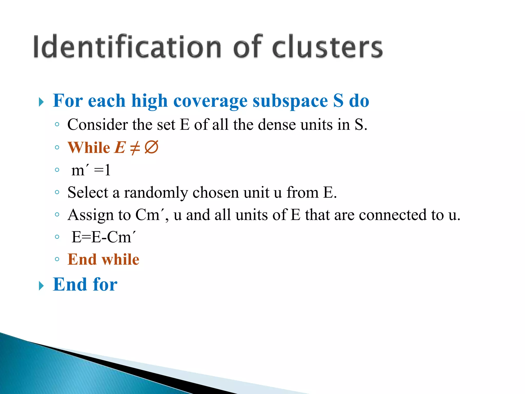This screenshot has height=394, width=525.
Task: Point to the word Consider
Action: coord(97,125)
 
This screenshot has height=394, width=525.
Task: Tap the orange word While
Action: coord(89,148)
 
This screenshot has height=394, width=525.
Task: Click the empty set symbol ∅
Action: coord(151,147)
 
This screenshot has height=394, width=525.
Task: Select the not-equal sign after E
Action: coord(135,148)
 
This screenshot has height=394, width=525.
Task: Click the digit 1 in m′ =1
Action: coord(108,170)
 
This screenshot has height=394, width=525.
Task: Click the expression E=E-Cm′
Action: coord(103,237)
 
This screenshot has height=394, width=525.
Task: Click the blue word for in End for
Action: coord(105,284)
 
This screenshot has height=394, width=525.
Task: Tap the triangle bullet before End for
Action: coord(41,286)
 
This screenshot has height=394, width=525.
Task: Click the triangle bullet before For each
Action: coord(41,102)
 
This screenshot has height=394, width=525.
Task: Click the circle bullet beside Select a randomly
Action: coord(57,192)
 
